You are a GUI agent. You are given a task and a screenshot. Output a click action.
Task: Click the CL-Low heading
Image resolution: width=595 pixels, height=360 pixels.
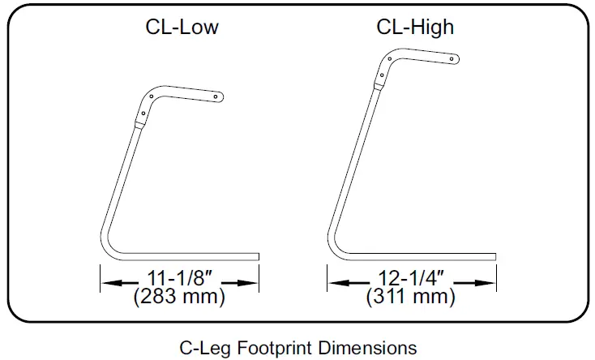coord(182,27)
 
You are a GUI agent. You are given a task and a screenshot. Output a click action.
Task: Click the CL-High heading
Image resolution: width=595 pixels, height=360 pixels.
coord(415,27)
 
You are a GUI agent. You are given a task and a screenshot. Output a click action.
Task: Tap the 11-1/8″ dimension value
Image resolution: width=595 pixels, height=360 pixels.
coord(178,278)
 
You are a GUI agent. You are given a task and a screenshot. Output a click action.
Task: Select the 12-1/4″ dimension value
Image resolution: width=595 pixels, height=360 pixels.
coord(411,278)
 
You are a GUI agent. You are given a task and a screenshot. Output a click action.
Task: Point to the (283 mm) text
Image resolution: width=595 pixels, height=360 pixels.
coord(179,297)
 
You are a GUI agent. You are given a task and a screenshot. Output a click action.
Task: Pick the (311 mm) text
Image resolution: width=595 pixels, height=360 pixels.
coord(410,297)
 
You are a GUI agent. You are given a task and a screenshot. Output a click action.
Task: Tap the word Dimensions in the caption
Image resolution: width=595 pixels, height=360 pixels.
coord(367,348)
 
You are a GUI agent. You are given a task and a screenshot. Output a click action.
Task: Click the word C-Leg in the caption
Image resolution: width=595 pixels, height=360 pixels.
coord(206,348)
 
